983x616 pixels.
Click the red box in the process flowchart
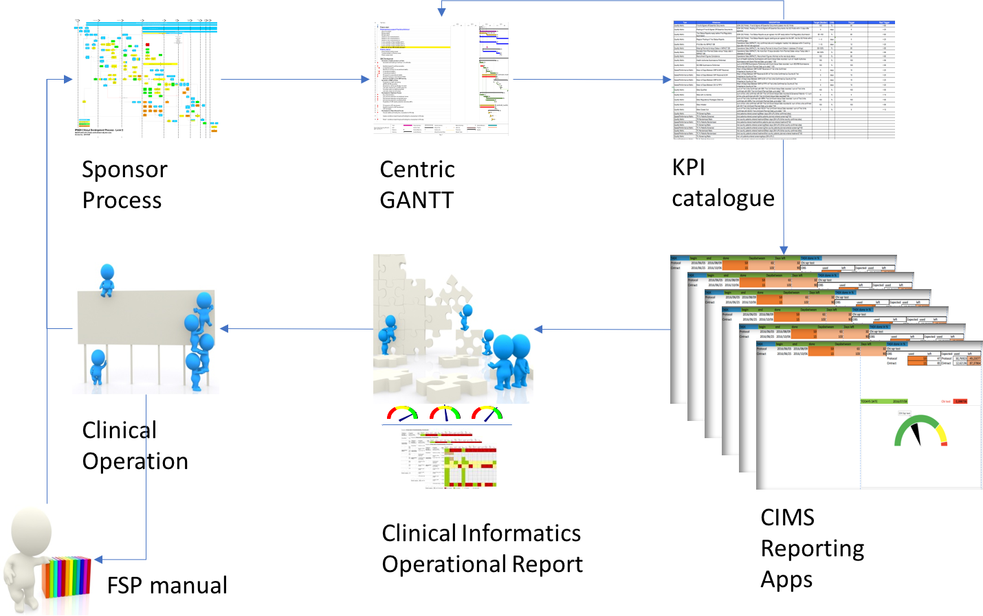click(x=148, y=45)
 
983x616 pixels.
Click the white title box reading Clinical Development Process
click(x=107, y=131)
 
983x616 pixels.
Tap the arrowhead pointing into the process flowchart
click(x=68, y=80)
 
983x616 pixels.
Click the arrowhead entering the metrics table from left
click(x=666, y=80)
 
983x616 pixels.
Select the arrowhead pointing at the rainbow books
click(x=99, y=560)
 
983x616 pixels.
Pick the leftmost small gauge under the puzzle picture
click(x=402, y=413)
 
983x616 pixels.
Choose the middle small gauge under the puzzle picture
click(x=445, y=413)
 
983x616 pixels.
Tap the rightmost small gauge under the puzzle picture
click(x=487, y=413)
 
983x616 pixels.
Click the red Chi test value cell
click(x=960, y=402)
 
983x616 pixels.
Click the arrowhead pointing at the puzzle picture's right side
click(x=538, y=330)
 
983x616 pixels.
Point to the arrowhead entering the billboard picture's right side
click(x=224, y=329)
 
